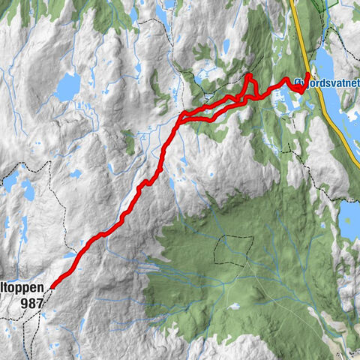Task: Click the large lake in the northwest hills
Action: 67,87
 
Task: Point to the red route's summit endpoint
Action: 52,286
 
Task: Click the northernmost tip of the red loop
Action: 249,76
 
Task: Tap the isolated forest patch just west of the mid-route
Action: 129,139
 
